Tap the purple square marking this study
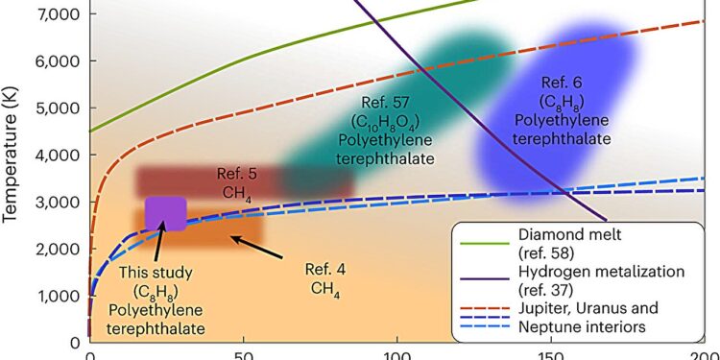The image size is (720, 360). coord(165,213)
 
